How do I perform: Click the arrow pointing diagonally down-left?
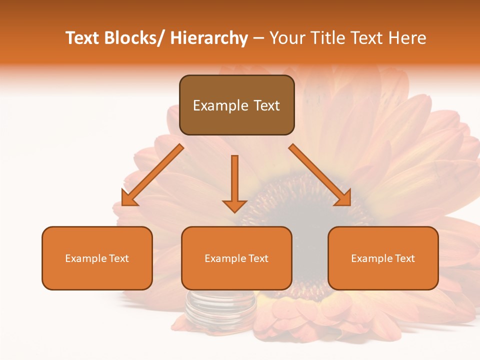(x=152, y=175)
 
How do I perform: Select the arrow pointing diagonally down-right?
(x=320, y=175)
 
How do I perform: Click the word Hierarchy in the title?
(x=209, y=38)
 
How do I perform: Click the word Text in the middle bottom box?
(x=258, y=258)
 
